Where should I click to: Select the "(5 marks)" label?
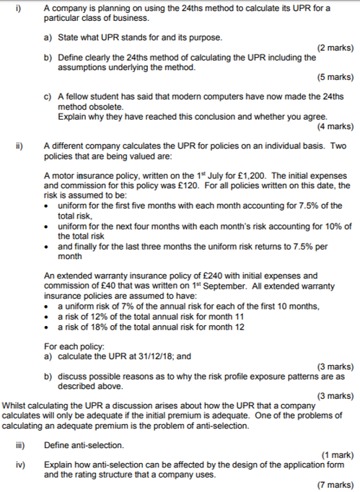coord(335,76)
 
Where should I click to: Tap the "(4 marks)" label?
coord(335,126)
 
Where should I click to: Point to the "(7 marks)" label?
coord(335,485)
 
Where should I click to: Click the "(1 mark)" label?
coord(337,454)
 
